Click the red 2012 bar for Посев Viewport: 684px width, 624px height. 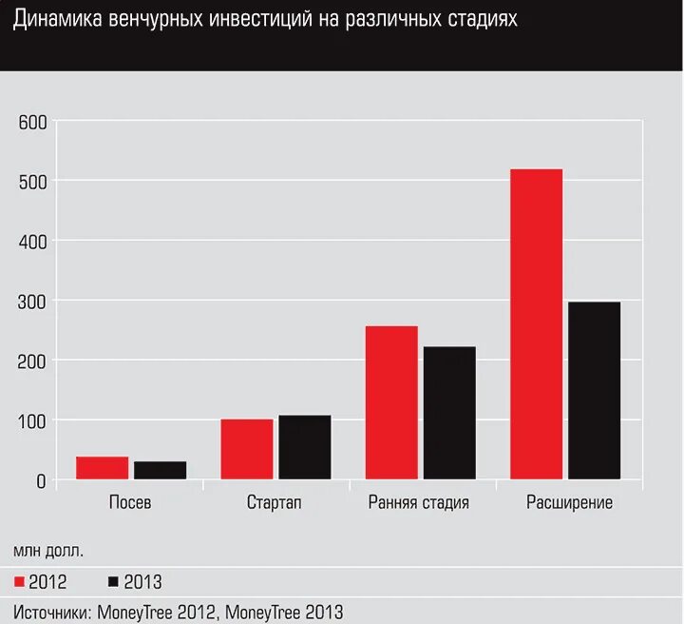(102, 467)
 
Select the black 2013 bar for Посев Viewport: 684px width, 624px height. (160, 470)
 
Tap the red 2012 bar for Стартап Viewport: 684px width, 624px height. (246, 449)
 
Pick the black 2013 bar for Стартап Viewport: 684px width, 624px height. (304, 447)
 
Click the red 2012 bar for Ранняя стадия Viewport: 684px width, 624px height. (391, 402)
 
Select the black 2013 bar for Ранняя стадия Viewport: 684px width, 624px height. (449, 413)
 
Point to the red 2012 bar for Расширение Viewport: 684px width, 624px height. (536, 323)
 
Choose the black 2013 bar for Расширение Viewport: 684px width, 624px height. (594, 390)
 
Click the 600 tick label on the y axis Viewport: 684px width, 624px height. (31, 122)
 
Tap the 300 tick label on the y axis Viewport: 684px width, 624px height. (31, 302)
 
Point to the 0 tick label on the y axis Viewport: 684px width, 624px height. (40, 481)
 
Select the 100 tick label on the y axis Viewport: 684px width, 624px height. (31, 421)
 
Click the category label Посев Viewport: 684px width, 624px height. (130, 503)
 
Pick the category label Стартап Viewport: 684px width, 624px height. (275, 503)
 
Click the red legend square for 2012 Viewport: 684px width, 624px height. (18, 581)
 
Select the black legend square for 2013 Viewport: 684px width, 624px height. (113, 581)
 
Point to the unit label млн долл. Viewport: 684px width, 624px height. (48, 550)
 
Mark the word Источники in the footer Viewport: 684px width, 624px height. (50, 612)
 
